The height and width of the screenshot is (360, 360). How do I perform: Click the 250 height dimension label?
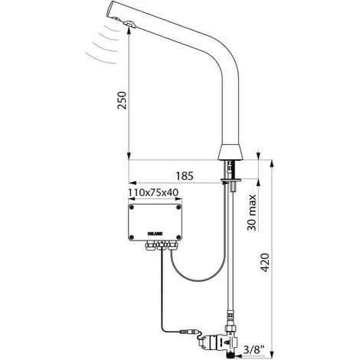[122, 100]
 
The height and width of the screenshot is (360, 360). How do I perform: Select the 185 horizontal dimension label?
[185, 176]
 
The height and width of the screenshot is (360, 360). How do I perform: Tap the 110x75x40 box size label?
[153, 193]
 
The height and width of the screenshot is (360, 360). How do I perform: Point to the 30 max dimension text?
[252, 212]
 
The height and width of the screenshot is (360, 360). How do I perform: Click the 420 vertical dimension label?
[266, 263]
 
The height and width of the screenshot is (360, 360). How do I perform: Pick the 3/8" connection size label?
[254, 349]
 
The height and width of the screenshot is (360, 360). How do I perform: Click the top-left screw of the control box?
[132, 208]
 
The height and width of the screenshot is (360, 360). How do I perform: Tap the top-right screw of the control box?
[178, 208]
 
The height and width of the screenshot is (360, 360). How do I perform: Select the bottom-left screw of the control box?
[132, 237]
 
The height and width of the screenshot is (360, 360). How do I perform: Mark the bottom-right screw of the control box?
[178, 237]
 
